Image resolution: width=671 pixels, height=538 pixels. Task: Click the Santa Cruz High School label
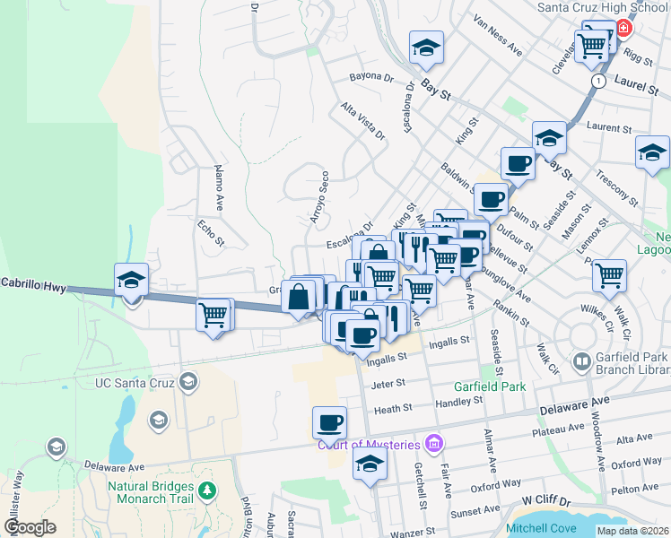[x=603, y=7]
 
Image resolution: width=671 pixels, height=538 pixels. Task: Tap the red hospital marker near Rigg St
[x=623, y=29]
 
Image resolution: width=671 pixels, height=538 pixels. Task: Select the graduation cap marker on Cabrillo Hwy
[x=132, y=281]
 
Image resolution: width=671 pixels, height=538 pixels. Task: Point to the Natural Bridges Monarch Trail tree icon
[x=207, y=490]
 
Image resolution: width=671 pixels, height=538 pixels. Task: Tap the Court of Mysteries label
[x=368, y=445]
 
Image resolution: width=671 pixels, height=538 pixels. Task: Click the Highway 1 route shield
[x=597, y=81]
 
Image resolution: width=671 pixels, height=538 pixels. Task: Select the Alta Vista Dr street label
[x=362, y=121]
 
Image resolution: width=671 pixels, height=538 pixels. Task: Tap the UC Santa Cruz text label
[x=135, y=383]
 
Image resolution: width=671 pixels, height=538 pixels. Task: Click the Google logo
[x=30, y=527]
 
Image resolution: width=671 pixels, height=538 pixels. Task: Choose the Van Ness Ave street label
[x=498, y=35]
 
